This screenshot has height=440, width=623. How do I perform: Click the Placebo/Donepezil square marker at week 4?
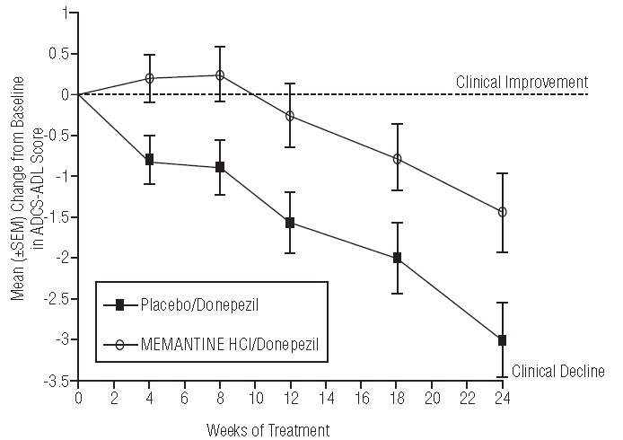coord(149,160)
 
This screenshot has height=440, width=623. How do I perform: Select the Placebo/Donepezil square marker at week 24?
coord(503,340)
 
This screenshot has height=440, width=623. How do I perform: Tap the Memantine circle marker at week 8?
coord(220,75)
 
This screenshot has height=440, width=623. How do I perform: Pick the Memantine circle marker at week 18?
coord(397,159)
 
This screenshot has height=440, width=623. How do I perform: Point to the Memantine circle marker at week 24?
coord(503,212)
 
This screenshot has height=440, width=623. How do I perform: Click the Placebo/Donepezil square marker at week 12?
coord(290,222)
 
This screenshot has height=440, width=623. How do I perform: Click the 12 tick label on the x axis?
coord(290,396)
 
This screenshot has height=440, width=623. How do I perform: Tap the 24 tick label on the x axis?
coord(503,396)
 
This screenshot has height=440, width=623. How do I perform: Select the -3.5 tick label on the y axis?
coord(59,381)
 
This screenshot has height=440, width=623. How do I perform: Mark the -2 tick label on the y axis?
coord(64,258)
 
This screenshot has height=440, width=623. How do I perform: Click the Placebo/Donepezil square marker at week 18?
coord(397,258)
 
